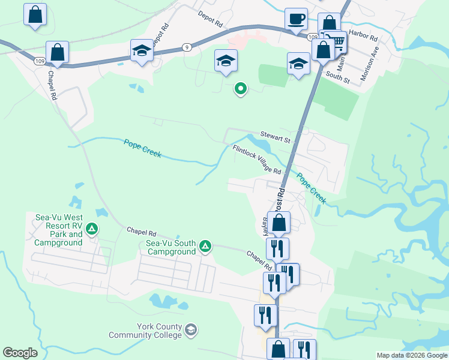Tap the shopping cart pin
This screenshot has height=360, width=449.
(337, 41)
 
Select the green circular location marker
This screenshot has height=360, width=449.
(241, 89)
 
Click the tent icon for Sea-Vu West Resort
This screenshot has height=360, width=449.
(92, 228)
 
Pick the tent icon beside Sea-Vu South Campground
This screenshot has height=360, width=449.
(205, 246)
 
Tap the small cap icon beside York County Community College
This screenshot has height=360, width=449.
(191, 329)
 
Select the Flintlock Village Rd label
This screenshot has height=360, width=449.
(257, 159)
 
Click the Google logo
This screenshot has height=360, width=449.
(20, 353)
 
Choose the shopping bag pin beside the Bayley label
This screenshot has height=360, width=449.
(279, 223)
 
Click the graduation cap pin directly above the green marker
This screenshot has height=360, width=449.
(226, 61)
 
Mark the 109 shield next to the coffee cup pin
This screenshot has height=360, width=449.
(313, 37)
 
